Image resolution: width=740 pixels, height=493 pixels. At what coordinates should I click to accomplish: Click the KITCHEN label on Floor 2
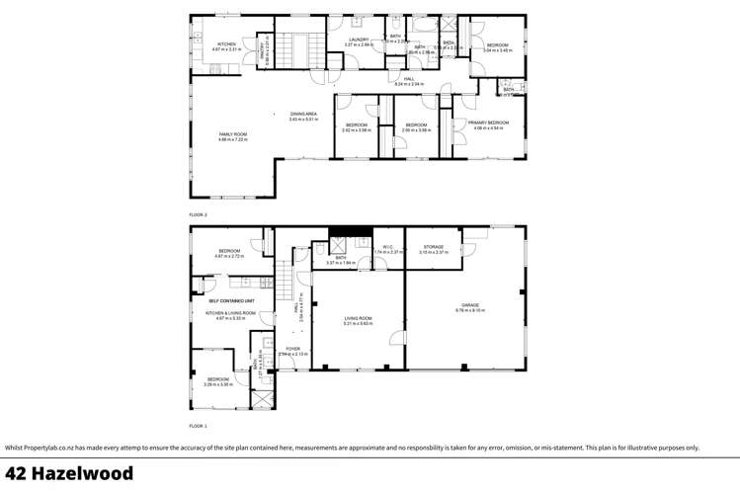(227, 43)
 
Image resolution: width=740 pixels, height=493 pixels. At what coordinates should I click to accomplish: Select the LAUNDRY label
(358, 40)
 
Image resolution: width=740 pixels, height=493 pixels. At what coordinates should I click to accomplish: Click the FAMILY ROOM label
(233, 134)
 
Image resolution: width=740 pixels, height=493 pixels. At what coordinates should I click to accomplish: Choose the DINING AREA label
(303, 115)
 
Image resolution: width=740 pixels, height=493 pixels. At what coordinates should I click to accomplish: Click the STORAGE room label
(434, 247)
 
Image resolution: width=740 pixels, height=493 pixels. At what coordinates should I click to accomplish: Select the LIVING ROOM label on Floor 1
(358, 318)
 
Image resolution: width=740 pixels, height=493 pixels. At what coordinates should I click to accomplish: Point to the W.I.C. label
(389, 247)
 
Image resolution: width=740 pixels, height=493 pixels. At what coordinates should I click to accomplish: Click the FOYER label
(292, 349)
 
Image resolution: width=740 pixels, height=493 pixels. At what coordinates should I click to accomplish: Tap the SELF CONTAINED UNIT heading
(231, 300)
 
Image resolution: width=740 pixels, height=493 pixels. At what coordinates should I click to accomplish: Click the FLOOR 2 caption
(199, 214)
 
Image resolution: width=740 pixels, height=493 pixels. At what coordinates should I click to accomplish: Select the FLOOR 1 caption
(199, 426)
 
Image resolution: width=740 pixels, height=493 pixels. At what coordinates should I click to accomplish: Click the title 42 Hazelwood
(69, 474)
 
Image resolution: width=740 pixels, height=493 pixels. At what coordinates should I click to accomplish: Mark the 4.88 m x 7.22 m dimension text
(233, 139)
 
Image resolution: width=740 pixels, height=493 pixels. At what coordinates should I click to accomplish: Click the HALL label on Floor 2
(408, 79)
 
